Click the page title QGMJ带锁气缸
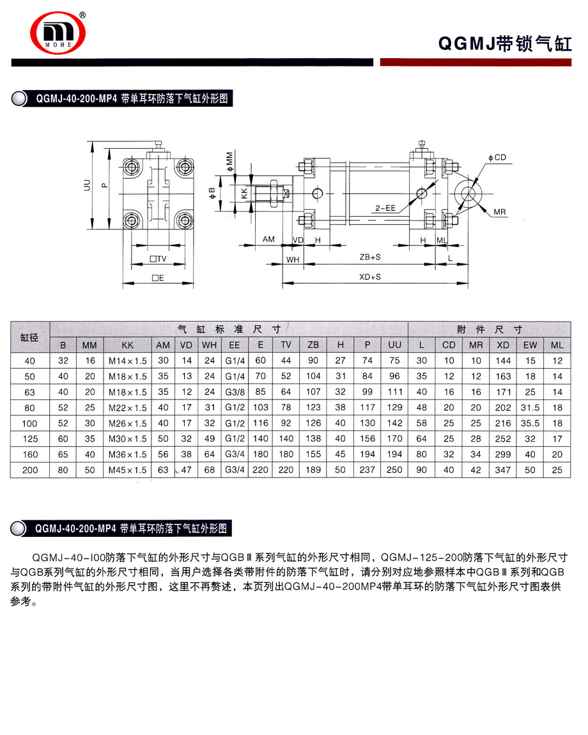pyautogui.click(x=504, y=43)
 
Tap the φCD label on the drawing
pyautogui.click(x=497, y=157)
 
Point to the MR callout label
pyautogui.click(x=500, y=211)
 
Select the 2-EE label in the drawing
pyautogui.click(x=386, y=208)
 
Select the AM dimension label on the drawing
pyautogui.click(x=268, y=239)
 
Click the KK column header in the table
pyautogui.click(x=127, y=345)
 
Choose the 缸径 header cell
pyautogui.click(x=30, y=337)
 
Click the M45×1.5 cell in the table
pyautogui.click(x=127, y=470)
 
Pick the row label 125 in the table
pyautogui.click(x=30, y=438)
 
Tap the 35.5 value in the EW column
pyautogui.click(x=530, y=423)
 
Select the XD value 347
pyautogui.click(x=503, y=470)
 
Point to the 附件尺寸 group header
pyautogui.click(x=490, y=329)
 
